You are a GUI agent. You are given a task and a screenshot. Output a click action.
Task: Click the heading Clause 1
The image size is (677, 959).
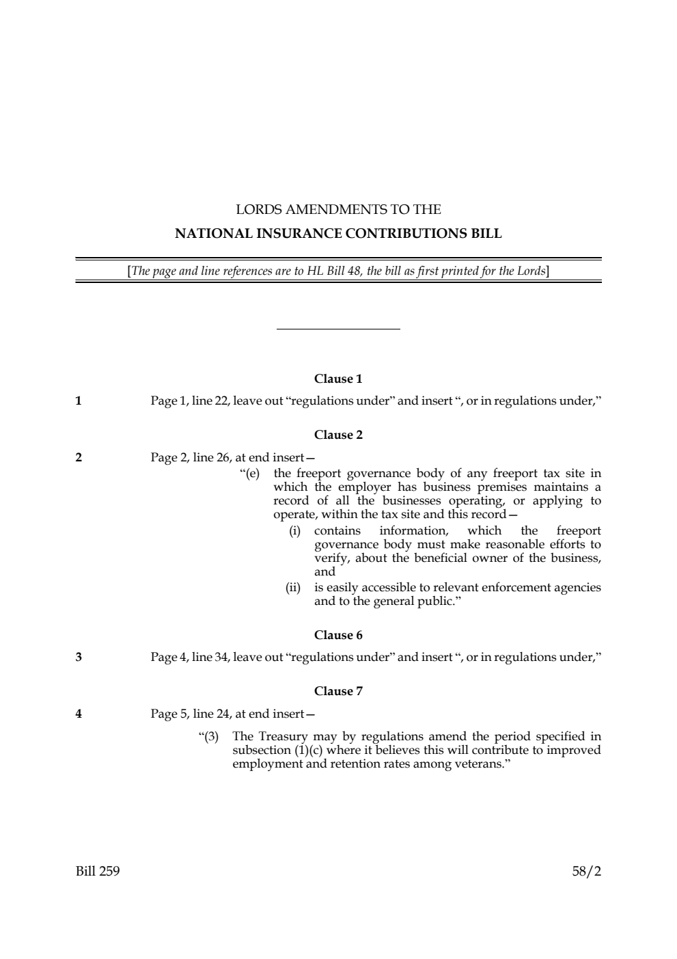tap(338, 379)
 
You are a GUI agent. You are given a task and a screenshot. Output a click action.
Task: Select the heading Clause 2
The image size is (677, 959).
tap(338, 435)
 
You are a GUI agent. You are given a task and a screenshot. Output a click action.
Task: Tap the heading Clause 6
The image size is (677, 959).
tap(338, 635)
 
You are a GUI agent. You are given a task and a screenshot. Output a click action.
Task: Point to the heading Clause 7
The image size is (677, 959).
tap(338, 691)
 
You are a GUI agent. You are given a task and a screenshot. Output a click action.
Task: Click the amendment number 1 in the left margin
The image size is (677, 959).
tap(79, 401)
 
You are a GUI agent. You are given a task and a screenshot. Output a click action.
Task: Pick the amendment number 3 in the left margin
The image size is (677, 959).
tap(79, 658)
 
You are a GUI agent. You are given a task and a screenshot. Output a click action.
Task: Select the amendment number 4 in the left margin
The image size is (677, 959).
tap(79, 714)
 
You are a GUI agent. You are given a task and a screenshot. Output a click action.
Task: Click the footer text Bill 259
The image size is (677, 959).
tap(98, 872)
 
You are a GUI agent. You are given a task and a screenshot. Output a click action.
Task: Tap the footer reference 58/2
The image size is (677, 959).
tap(587, 872)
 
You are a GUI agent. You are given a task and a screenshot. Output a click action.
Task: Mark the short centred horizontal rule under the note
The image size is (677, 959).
tap(338, 329)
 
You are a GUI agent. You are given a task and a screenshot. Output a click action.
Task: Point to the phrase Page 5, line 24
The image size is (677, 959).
tap(191, 714)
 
